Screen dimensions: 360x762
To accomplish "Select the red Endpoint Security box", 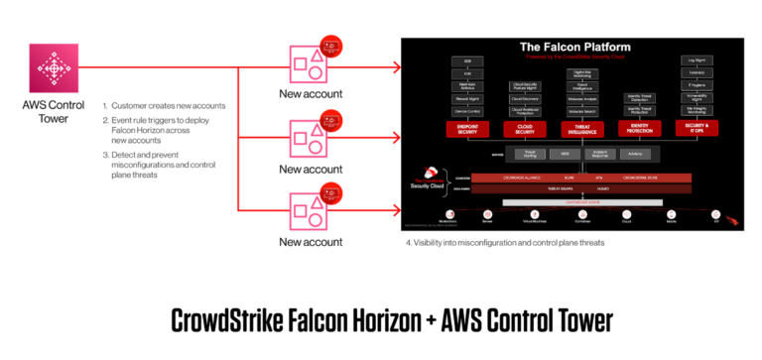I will pyautogui.click(x=467, y=128).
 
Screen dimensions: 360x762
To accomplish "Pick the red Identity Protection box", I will pyautogui.click(x=639, y=128).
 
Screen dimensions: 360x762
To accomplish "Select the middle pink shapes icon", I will pyautogui.click(x=308, y=137).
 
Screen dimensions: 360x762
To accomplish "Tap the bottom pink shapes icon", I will pyautogui.click(x=308, y=209).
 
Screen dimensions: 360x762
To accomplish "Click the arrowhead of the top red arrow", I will pyautogui.click(x=397, y=67).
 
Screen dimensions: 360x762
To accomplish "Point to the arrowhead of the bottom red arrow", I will pyautogui.click(x=397, y=210).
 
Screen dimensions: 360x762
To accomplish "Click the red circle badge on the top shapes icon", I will pyautogui.click(x=331, y=46).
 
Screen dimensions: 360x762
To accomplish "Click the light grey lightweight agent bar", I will pyautogui.click(x=582, y=202).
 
